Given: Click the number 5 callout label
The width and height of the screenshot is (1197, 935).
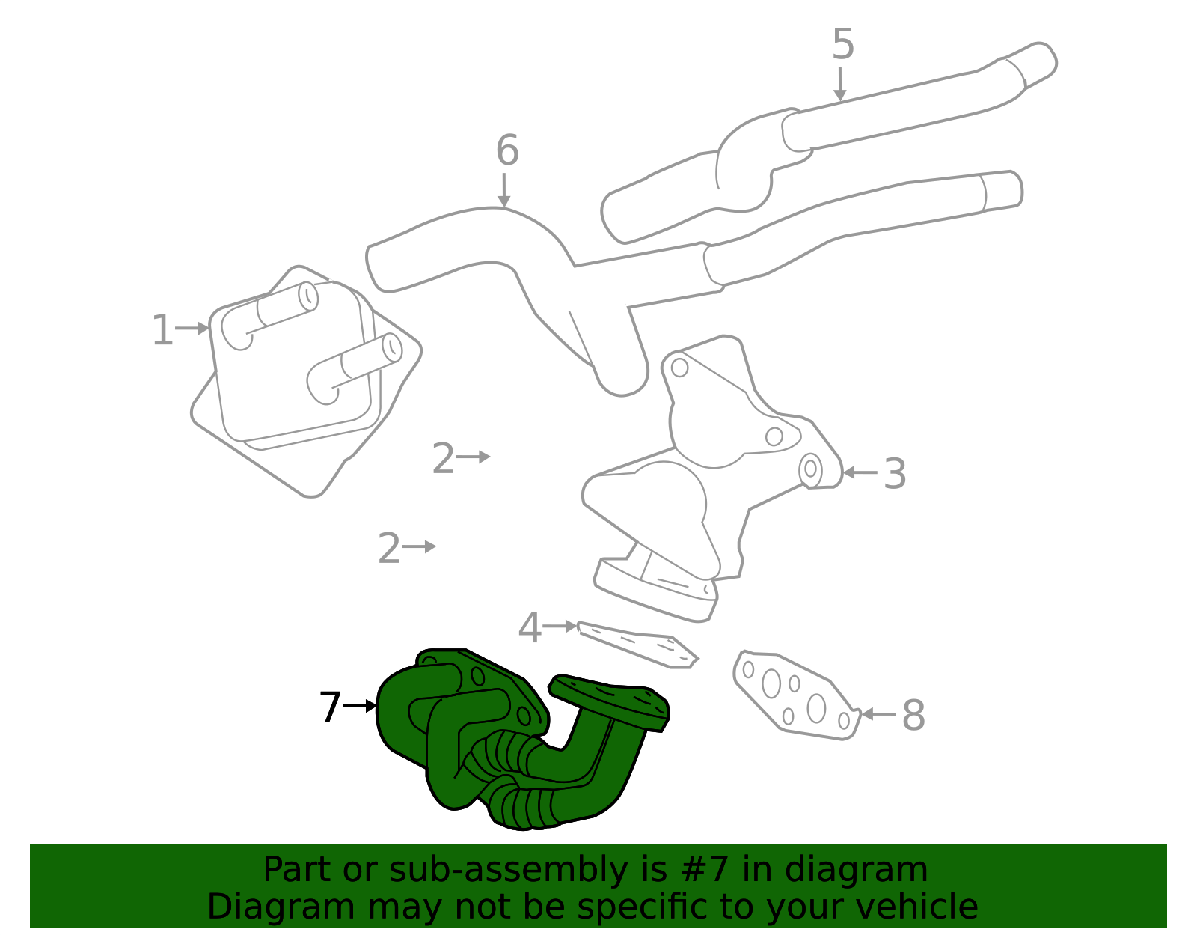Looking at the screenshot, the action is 843,44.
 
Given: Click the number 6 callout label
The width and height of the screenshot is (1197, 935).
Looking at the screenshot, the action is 507,150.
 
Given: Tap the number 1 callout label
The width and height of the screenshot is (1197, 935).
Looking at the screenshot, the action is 162,330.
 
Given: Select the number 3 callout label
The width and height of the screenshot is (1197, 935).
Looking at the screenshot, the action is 895,473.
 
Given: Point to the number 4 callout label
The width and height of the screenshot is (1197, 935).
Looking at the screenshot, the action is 530,627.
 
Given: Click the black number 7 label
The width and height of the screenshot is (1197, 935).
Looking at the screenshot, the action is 331,707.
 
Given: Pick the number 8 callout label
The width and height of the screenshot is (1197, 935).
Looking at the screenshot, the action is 913,715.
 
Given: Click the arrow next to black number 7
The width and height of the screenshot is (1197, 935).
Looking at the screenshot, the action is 360,706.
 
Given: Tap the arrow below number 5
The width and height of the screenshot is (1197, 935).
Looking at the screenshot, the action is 839,85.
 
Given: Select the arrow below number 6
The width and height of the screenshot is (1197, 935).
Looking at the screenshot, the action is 503,191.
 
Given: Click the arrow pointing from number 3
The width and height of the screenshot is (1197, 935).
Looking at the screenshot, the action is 860,472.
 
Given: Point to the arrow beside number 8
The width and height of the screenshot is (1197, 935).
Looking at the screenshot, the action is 878,714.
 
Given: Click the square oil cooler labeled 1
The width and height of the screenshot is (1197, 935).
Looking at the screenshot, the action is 306,380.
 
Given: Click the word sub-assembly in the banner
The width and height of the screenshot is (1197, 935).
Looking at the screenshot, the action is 509,871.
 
